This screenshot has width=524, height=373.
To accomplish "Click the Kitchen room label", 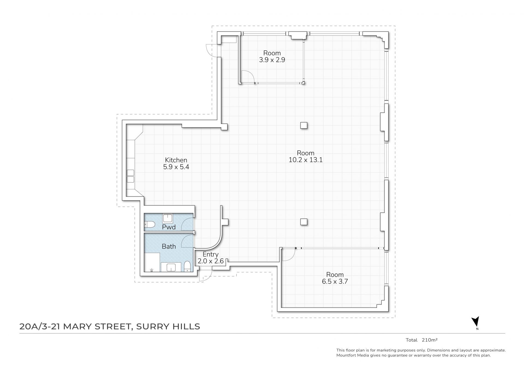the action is (176, 160).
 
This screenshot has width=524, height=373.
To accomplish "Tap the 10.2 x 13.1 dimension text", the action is (306, 160).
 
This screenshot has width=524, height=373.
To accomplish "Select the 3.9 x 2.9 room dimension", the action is (272, 60).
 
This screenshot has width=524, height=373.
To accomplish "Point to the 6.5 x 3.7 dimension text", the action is (335, 281).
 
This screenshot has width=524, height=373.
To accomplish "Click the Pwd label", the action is (169, 227).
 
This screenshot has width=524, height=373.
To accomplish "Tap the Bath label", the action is (169, 246).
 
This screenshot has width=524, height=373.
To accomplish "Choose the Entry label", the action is (210, 254).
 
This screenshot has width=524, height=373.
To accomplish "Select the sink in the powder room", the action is (167, 218).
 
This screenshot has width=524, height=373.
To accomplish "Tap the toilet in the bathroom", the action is (187, 266).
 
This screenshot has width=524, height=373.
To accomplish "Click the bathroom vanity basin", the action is (171, 267).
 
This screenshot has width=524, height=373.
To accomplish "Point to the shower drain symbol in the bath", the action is (152, 270).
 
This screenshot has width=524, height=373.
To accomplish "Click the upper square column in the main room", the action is (304, 125).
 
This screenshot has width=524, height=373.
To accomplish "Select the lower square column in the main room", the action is (304, 222).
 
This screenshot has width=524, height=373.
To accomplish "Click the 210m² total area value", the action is (430, 340).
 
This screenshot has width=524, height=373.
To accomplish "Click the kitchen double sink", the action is (130, 176).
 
